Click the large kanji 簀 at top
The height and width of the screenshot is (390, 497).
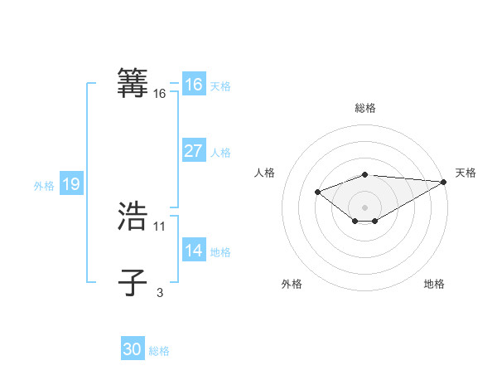[133, 84]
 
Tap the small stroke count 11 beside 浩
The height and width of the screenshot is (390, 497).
[160, 226]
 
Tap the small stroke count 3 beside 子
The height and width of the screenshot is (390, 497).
[160, 292]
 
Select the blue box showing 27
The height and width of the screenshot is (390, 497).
[193, 151]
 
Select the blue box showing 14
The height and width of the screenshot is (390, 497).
[193, 251]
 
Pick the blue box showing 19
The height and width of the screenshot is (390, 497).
[71, 184]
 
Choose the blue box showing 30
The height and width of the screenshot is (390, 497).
[132, 349]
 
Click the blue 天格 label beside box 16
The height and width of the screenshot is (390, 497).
[220, 86]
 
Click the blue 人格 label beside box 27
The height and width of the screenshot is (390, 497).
[220, 153]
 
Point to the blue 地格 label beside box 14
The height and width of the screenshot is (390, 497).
[220, 252]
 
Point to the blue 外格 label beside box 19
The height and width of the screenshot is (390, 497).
[44, 186]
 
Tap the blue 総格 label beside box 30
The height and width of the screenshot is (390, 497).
[159, 351]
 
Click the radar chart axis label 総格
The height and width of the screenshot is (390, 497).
[365, 108]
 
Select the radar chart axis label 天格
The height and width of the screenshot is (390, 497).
[466, 173]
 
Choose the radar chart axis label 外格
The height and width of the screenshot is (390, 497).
[292, 284]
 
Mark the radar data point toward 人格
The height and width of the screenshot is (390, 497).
[318, 193]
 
